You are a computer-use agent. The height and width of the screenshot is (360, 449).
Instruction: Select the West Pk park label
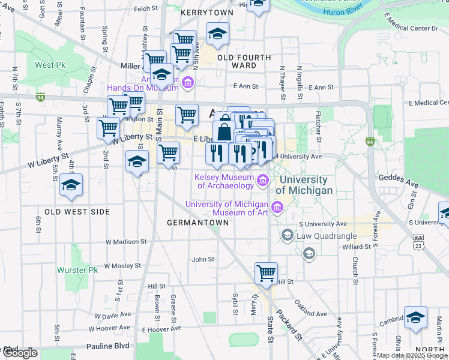pyautogui.click(x=50, y=65)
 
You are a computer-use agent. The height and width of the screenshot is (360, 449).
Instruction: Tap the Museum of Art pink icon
pyautogui.click(x=277, y=208)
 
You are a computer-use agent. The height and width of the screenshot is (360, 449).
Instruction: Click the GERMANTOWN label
pyautogui.click(x=197, y=223)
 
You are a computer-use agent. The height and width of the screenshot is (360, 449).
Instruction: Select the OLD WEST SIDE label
pyautogui.click(x=77, y=212)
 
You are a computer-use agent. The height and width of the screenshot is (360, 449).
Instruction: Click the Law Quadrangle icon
pyautogui.click(x=288, y=234)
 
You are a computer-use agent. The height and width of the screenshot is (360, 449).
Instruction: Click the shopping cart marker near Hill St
pyautogui.click(x=266, y=274)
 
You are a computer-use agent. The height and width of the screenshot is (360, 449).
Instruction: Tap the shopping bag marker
pyautogui.click(x=224, y=132)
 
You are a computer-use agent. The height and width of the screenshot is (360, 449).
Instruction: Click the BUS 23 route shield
pyautogui.click(x=418, y=242)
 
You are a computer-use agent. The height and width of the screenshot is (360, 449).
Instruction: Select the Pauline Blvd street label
pyautogui.click(x=107, y=346)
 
